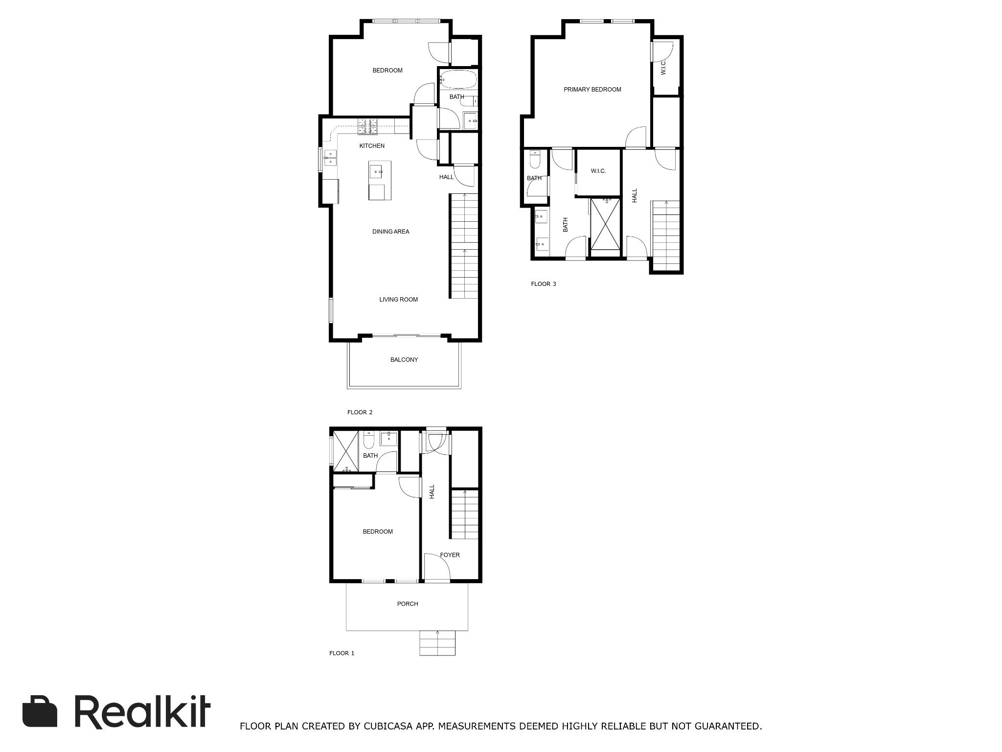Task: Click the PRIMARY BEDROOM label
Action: click(592, 90)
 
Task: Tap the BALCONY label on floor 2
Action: click(404, 360)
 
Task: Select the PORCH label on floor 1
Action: click(408, 604)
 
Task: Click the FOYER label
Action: click(450, 555)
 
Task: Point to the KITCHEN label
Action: click(372, 146)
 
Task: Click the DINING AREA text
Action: click(390, 232)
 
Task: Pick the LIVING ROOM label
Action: click(398, 300)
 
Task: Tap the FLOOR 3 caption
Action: click(544, 284)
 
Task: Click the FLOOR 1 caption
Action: click(342, 653)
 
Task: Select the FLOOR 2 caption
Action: click(360, 412)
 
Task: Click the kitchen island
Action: click(380, 180)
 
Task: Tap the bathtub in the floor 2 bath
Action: click(457, 79)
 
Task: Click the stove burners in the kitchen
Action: click(368, 127)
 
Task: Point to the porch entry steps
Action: click(437, 643)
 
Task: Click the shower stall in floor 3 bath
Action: click(606, 224)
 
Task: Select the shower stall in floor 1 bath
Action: click(345, 451)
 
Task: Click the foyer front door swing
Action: click(436, 566)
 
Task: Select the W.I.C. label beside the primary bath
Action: click(598, 171)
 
